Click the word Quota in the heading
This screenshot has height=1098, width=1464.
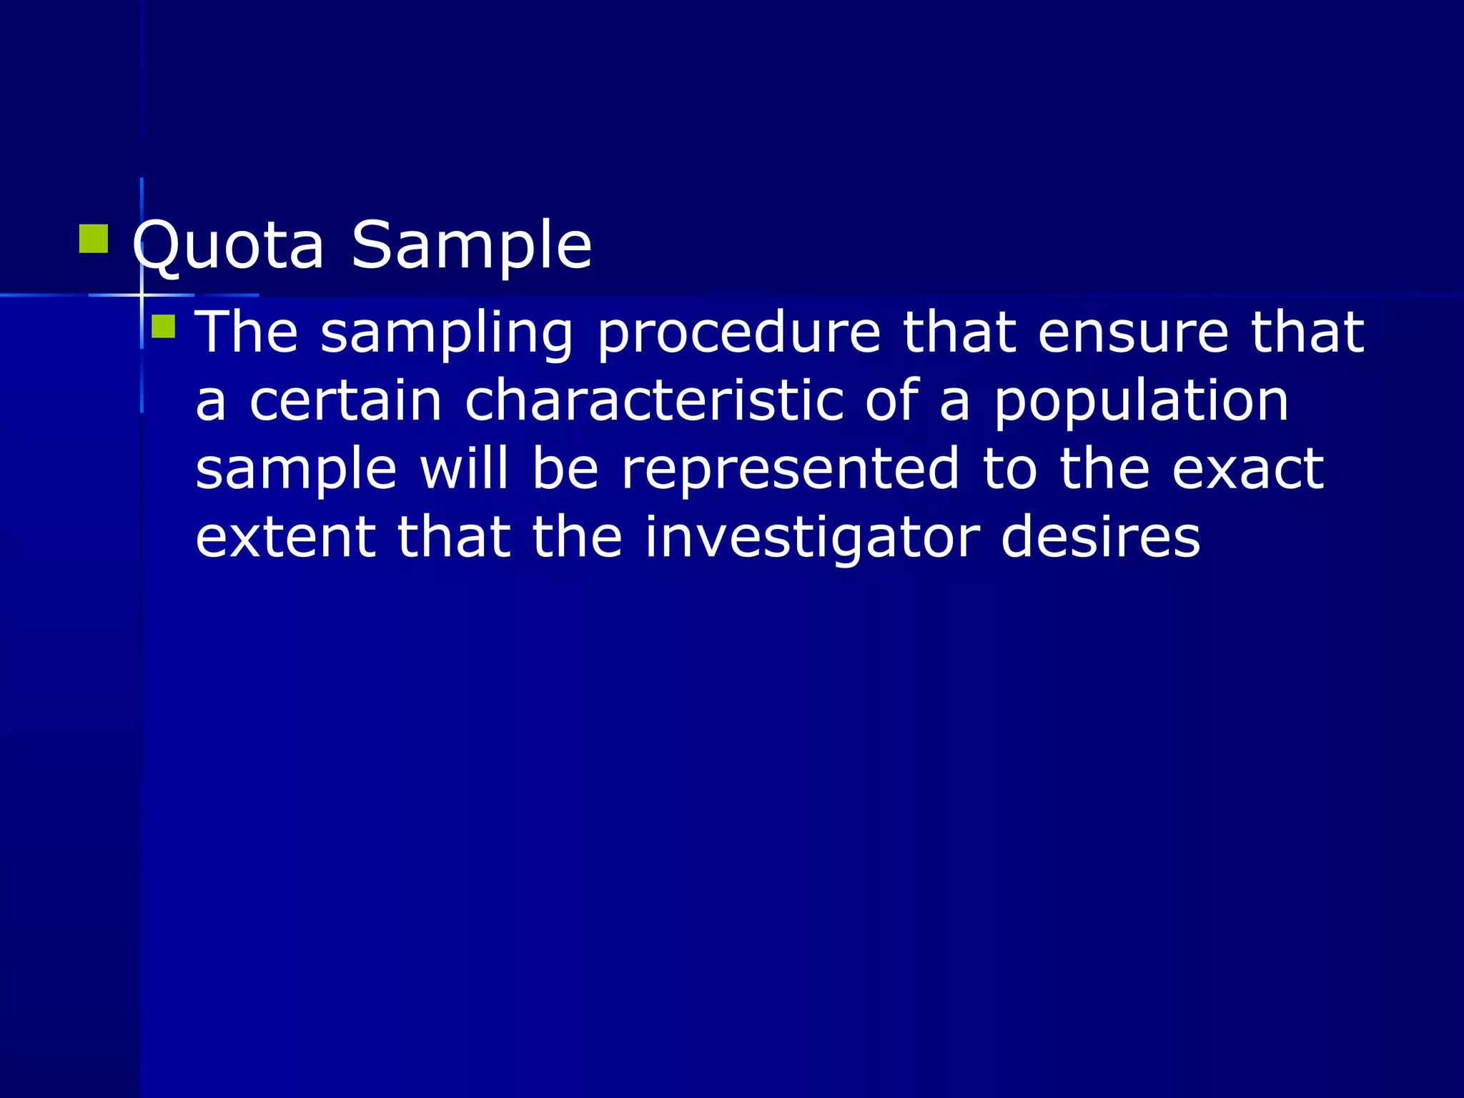228,246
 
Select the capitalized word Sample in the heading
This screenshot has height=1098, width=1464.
472,246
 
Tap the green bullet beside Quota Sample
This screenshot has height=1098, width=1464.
94,239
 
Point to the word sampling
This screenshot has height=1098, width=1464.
447,333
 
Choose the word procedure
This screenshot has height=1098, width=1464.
738,333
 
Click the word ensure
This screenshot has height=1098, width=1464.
1133,333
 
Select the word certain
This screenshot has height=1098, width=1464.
346,401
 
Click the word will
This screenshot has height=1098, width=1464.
464,470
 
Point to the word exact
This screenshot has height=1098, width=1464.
1248,470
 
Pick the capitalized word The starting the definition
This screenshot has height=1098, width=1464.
247,333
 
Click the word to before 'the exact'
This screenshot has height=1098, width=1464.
1009,470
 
